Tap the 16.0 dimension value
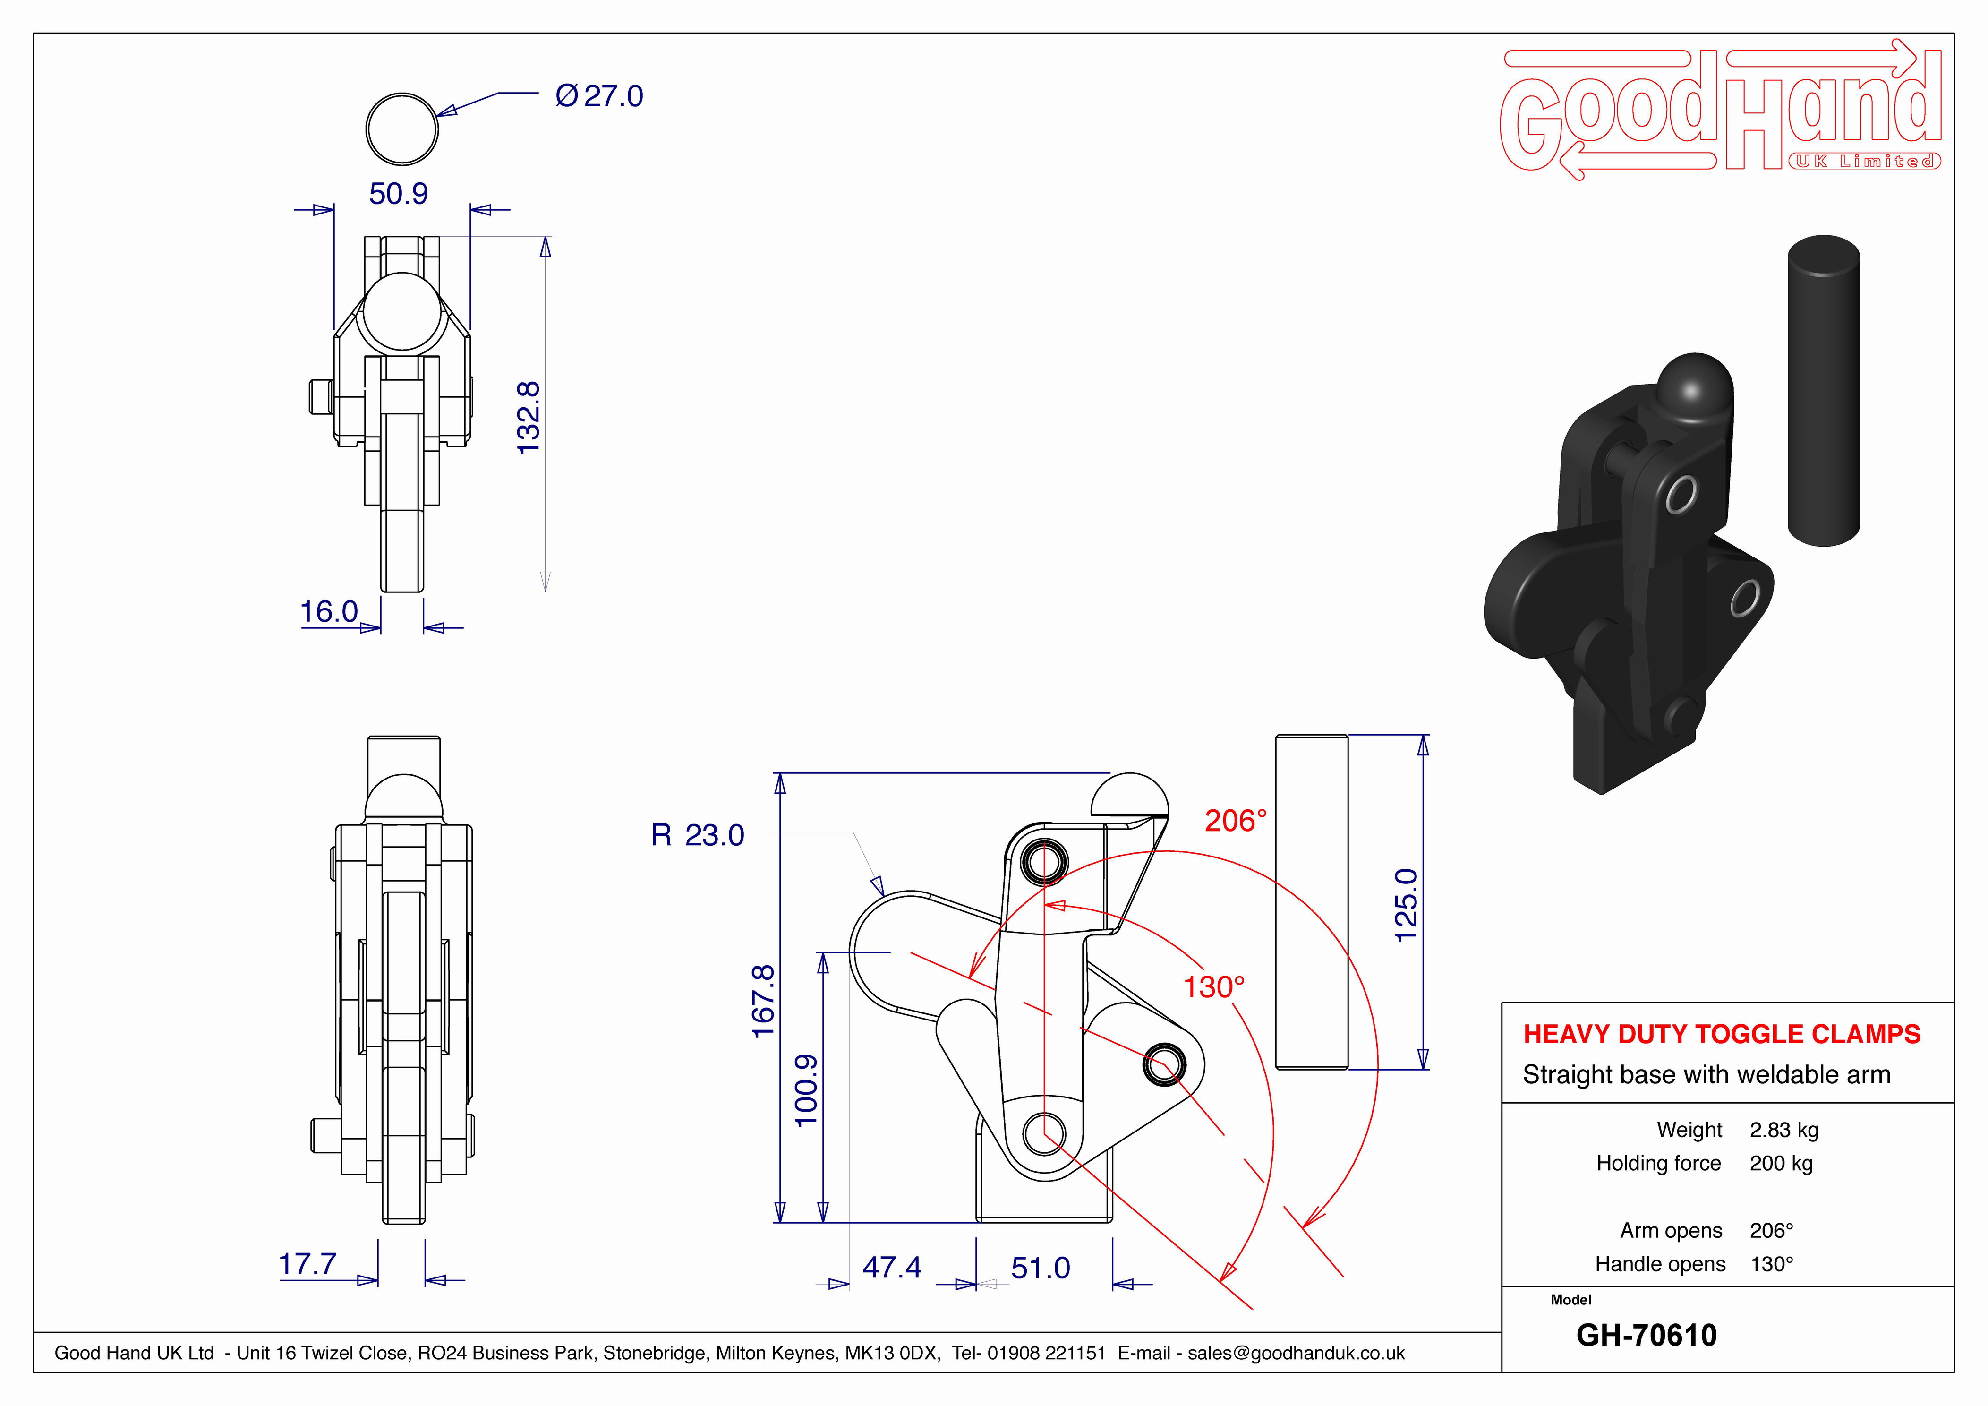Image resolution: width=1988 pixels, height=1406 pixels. [x=329, y=612]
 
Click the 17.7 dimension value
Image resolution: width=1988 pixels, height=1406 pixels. [x=307, y=1264]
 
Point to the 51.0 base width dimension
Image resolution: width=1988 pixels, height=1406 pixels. [x=1041, y=1268]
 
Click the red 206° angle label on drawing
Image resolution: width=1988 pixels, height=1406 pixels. [x=1236, y=820]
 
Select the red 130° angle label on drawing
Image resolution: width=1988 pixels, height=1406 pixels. [x=1214, y=987]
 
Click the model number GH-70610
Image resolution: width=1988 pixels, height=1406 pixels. [x=1646, y=1335]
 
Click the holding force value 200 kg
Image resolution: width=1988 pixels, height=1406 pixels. [x=1781, y=1164]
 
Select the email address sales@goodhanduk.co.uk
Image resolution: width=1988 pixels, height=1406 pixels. [x=1296, y=1353]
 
